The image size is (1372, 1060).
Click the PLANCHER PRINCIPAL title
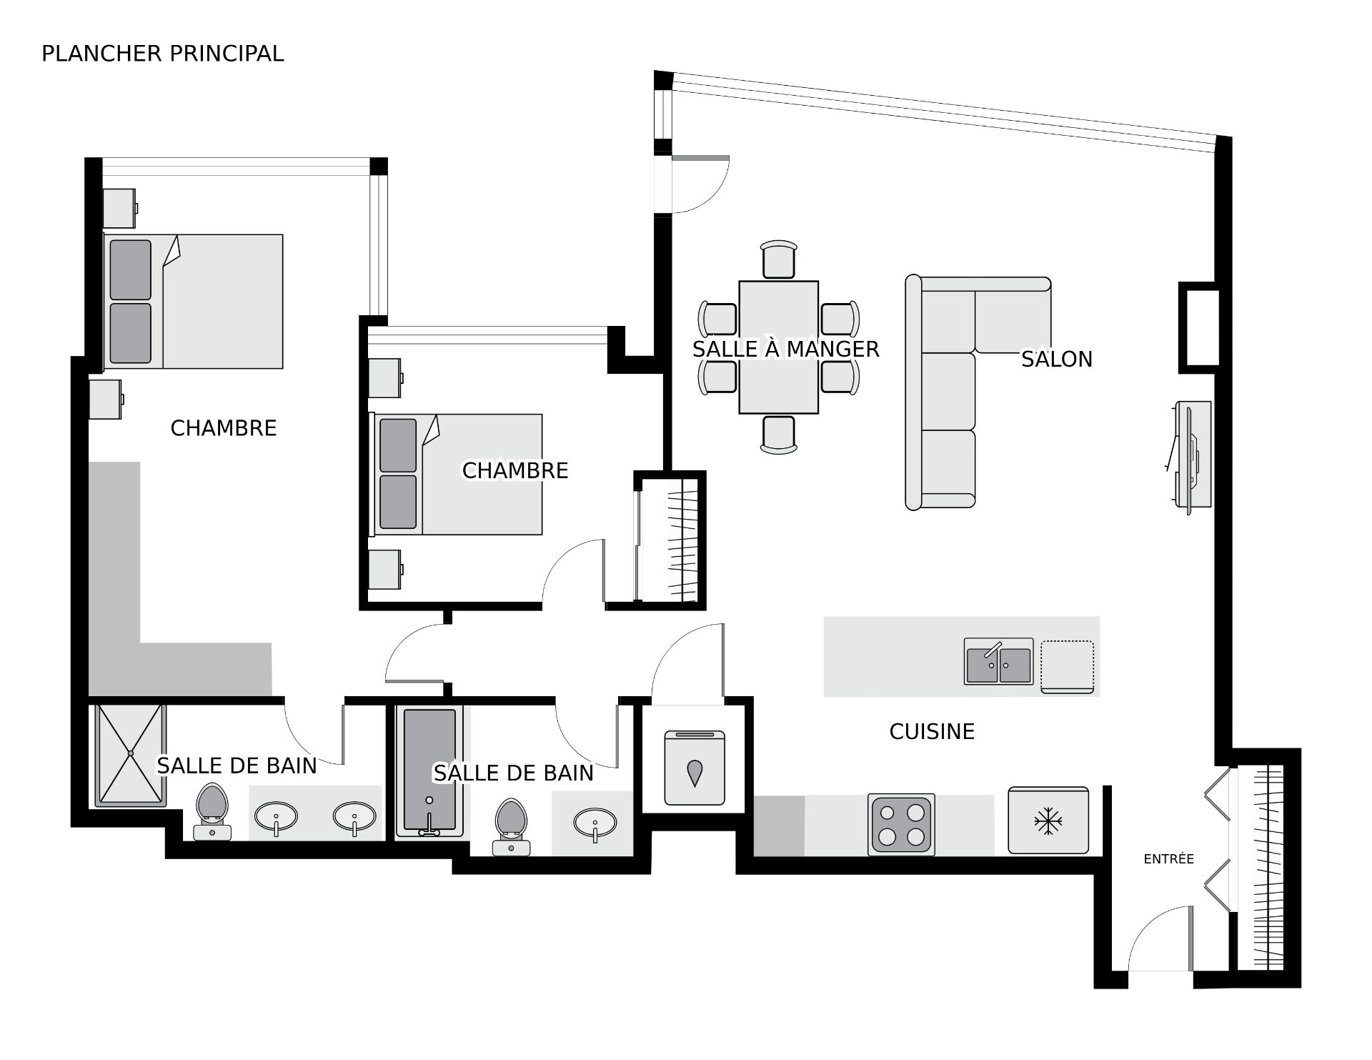(163, 54)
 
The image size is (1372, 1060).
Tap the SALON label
(1057, 359)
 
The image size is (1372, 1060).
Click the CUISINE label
(932, 731)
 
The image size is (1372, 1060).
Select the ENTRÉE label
(1169, 859)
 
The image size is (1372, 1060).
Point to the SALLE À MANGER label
(785, 349)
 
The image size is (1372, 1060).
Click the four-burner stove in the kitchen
(901, 824)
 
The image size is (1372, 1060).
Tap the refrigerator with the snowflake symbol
(1048, 821)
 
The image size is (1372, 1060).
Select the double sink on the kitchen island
(999, 661)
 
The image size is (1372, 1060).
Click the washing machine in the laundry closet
(695, 767)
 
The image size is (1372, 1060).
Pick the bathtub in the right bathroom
(429, 772)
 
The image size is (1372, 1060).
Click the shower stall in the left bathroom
(130, 756)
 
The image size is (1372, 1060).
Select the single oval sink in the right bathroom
(595, 822)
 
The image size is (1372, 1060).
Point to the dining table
(778, 347)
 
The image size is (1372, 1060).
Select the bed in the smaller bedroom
(455, 474)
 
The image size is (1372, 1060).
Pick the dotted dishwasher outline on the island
(1067, 667)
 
